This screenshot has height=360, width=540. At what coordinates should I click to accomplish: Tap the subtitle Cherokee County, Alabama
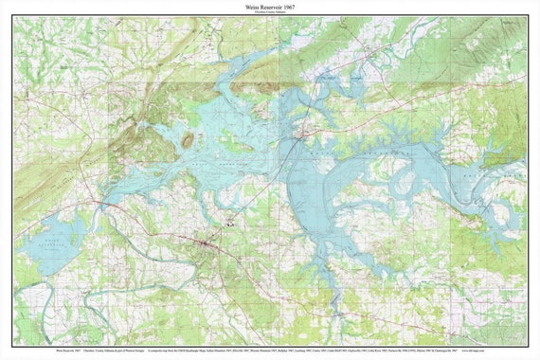pyautogui.click(x=270, y=13)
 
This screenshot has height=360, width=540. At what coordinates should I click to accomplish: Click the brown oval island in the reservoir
pyautogui.click(x=188, y=140)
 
